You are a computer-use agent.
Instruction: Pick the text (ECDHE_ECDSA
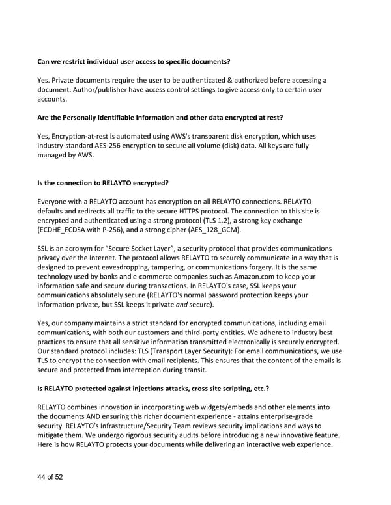point(65,230)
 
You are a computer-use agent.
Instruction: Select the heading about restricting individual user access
point(134,62)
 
